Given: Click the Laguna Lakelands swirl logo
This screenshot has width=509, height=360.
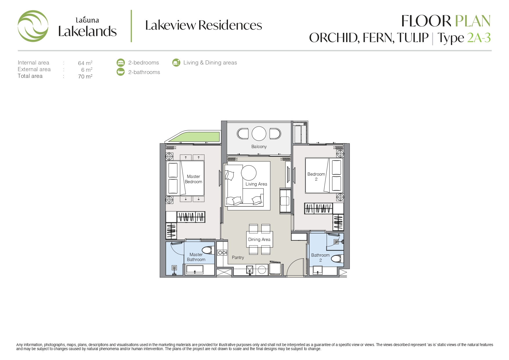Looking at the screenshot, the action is tap(33, 26).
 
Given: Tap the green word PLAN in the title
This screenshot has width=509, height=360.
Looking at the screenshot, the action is tap(472, 21).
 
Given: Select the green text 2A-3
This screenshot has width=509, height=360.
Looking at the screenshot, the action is tap(479, 38).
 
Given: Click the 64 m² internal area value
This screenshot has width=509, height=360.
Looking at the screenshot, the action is tap(85, 63).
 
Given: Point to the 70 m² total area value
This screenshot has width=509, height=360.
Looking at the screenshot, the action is tap(85, 76).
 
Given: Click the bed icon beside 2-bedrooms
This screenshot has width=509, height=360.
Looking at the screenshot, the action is tap(120, 62).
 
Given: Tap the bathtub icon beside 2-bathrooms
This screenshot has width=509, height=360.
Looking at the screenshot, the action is tap(120, 72).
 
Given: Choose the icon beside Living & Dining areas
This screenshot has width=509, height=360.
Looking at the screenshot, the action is tap(176, 62).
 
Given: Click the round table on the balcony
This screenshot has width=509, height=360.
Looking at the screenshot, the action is tap(259, 134).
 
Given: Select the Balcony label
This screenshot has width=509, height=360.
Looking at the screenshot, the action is tap(259, 147).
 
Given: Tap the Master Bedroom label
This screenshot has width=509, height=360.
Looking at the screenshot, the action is tap(194, 179).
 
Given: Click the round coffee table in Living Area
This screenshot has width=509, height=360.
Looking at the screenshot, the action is tap(249, 173).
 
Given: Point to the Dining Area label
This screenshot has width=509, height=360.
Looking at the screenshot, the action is tap(259, 240).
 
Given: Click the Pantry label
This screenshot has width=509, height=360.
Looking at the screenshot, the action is tap(238, 258).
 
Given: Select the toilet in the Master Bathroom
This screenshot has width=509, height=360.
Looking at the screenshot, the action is tap(208, 250).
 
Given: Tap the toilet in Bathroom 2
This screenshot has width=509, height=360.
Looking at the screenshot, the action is tap(337, 259).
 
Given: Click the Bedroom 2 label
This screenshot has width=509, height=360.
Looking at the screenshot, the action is tap(316, 177).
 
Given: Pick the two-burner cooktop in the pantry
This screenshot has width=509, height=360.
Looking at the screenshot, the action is tap(222, 253).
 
